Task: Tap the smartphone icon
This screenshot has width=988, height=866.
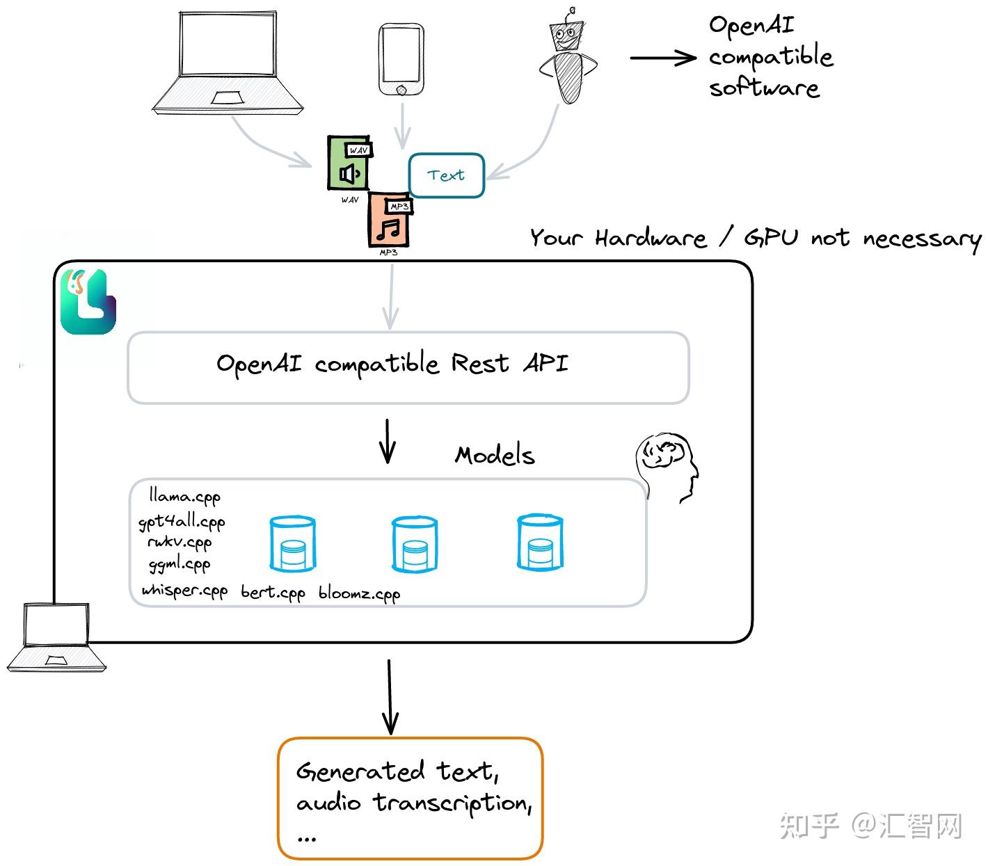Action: point(401,60)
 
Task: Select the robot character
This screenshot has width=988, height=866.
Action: point(568,59)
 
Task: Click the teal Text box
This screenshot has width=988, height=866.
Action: point(446,175)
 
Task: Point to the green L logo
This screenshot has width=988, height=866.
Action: point(88,302)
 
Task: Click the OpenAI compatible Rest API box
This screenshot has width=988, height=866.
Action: point(408,367)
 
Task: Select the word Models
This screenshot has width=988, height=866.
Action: point(495,456)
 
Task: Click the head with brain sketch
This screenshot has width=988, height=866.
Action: point(667,465)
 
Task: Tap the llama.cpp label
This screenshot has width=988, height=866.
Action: point(184,497)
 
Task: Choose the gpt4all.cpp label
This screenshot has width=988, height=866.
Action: point(182,522)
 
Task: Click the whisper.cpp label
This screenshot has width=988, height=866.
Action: point(184,591)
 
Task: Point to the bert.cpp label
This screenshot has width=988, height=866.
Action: point(273,593)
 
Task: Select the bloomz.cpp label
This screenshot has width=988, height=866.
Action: point(359,593)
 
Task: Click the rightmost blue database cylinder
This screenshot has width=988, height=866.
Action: point(539,543)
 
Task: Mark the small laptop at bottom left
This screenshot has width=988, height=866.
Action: point(56,636)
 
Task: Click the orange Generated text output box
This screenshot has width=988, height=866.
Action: point(410,798)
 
